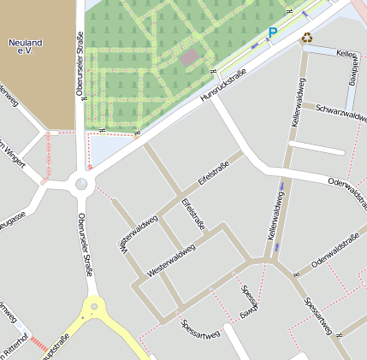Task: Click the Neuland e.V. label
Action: [24, 47]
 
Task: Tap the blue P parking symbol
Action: [273, 32]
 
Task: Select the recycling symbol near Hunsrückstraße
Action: [306, 37]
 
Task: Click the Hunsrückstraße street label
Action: [223, 88]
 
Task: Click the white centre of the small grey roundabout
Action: [81, 182]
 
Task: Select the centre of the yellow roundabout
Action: [92, 313]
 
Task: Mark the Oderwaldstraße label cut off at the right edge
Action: [346, 182]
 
